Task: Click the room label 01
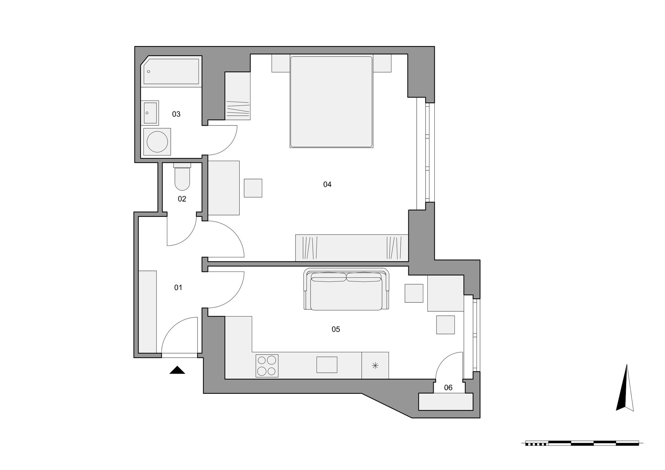178,287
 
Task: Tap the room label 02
182,199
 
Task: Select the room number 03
176,114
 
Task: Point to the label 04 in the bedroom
327,184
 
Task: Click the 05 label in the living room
336,329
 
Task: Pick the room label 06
448,388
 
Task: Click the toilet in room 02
182,177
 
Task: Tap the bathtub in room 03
171,71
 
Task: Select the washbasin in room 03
150,113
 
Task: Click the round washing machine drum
157,142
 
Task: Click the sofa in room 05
346,289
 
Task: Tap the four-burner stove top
267,366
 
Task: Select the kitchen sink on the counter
327,365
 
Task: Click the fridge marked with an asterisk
375,365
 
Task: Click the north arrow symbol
625,388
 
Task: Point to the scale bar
582,443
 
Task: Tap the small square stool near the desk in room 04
253,188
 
